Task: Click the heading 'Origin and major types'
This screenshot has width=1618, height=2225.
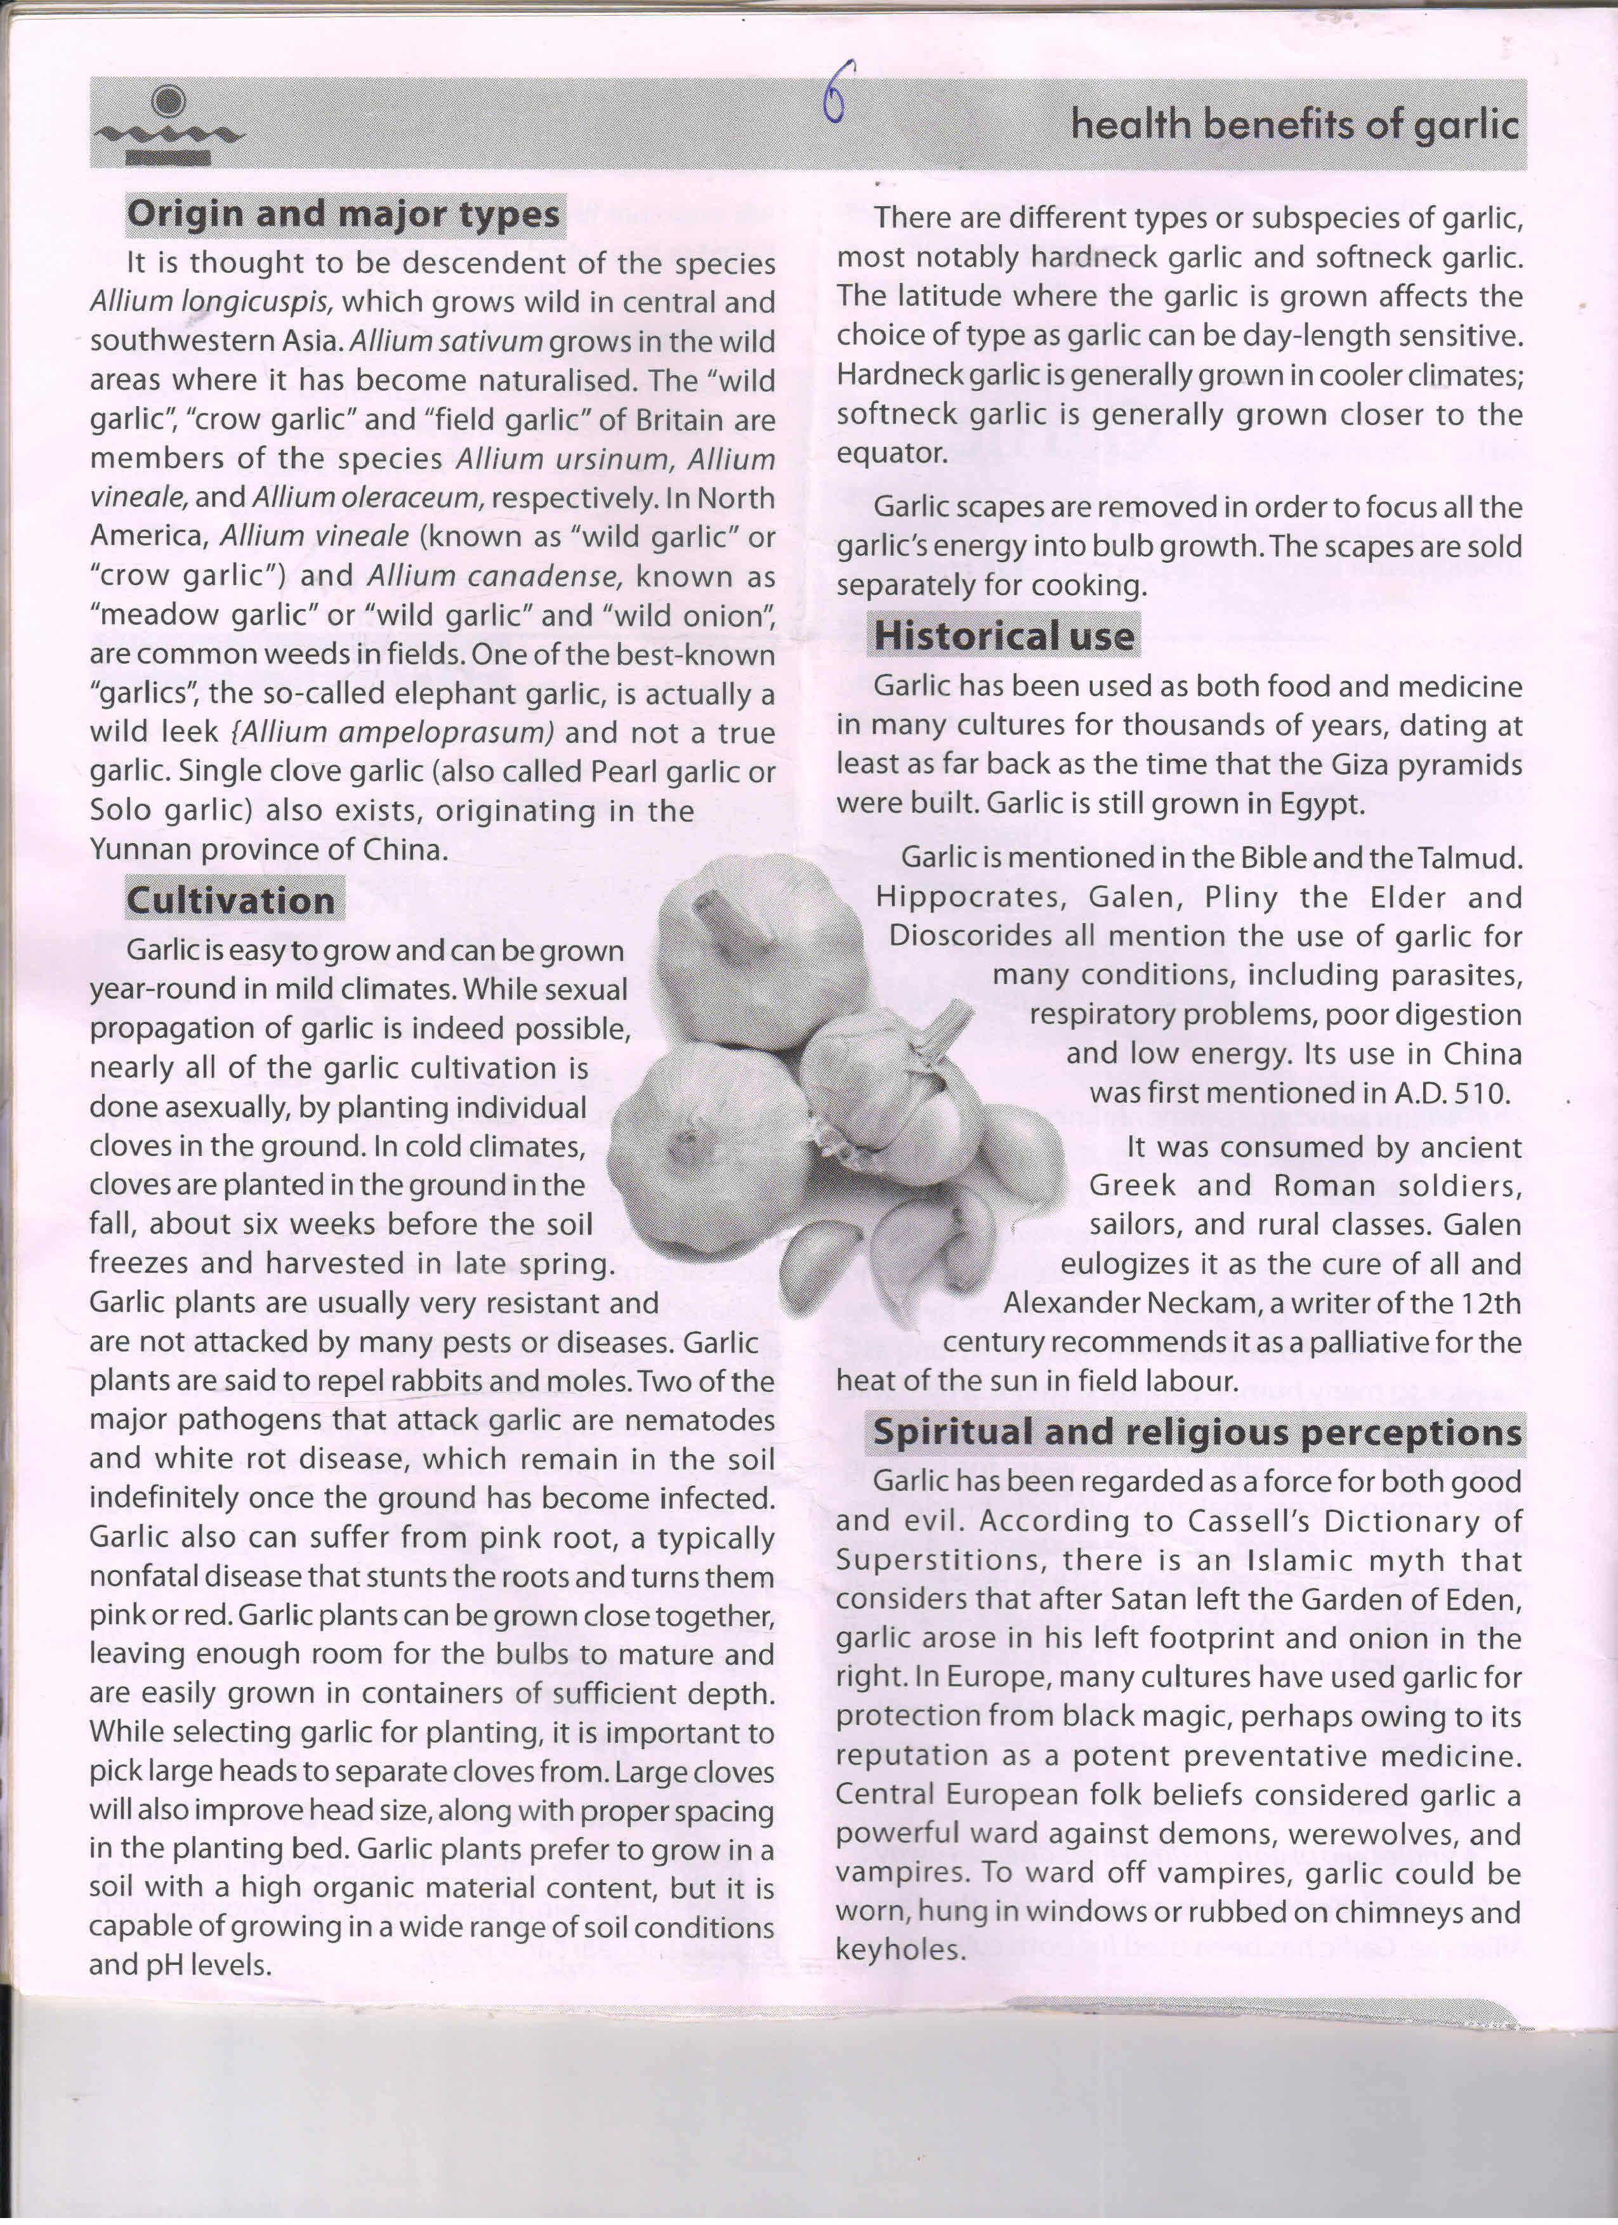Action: tap(345, 214)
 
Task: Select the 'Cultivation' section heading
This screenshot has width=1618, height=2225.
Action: tap(232, 900)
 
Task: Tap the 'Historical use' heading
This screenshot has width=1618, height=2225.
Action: tap(1004, 636)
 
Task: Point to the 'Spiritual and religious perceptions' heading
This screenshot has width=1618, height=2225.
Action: tap(1197, 1433)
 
